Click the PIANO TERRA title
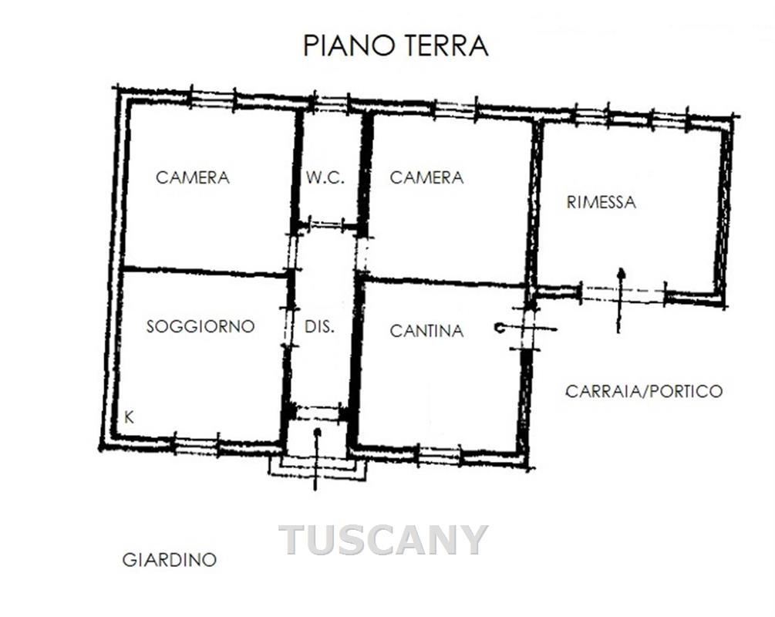(x=396, y=46)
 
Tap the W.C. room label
(x=325, y=177)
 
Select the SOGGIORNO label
(x=200, y=326)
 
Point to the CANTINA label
(x=426, y=331)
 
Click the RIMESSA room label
(x=601, y=202)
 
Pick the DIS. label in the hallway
(x=319, y=326)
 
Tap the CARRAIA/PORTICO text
(x=644, y=391)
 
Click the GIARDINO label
(x=170, y=560)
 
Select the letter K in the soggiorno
(x=129, y=417)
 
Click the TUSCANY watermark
(x=383, y=540)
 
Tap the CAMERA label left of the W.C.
(x=192, y=177)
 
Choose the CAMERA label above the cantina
(x=426, y=177)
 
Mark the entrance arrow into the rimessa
(x=620, y=300)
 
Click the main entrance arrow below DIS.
(x=317, y=460)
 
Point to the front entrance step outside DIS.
(x=318, y=467)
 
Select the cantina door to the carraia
(x=525, y=329)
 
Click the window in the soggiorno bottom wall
(x=196, y=443)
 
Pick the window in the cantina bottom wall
(x=440, y=453)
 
